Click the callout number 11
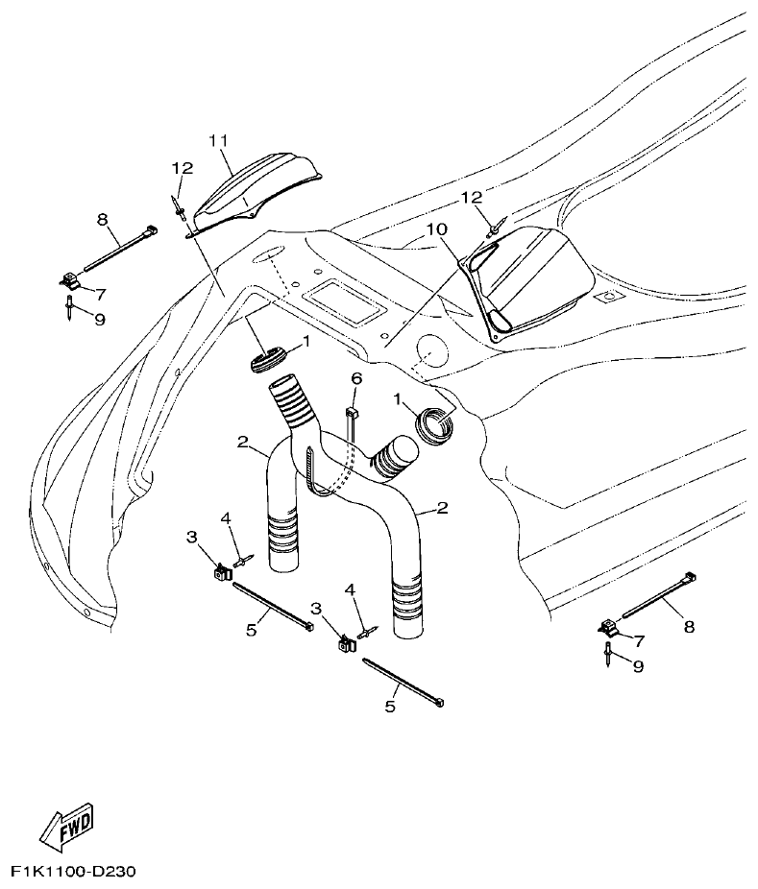218,141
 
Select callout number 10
437,229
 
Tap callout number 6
355,379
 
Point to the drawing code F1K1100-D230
74,873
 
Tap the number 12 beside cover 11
183,167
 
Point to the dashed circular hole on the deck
428,351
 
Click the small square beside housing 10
605,299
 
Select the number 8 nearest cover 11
102,220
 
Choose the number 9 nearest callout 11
99,319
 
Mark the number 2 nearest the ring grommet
442,508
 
